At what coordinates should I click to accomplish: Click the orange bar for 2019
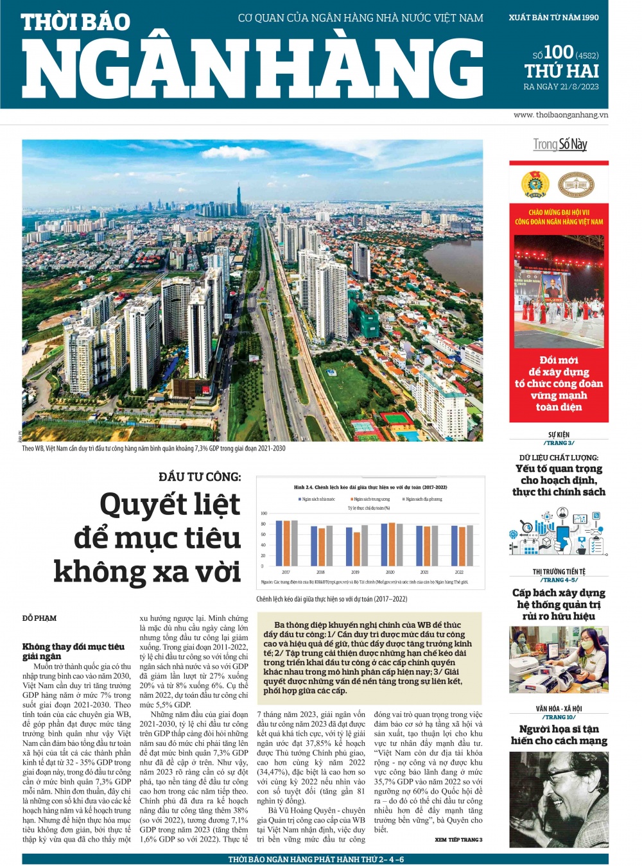click(356, 548)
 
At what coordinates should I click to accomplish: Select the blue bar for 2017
click(279, 543)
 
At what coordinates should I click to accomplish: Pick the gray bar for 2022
click(469, 545)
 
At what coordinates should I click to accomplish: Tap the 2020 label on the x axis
click(390, 572)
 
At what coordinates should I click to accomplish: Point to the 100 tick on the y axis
click(263, 514)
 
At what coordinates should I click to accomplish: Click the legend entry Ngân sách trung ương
click(370, 499)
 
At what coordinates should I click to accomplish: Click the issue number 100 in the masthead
click(558, 52)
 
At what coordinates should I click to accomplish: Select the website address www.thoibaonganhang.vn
click(560, 115)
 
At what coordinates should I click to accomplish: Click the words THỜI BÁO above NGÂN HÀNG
click(76, 22)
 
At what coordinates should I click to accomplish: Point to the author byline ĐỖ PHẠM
click(39, 618)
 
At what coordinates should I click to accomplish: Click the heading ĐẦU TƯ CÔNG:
click(200, 477)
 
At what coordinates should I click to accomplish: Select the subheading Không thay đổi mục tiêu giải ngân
click(73, 651)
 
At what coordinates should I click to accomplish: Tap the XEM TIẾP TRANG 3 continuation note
click(458, 840)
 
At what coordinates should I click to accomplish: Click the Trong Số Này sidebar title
click(560, 144)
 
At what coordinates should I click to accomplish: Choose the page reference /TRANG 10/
click(559, 717)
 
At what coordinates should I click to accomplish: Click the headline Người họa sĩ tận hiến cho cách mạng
click(559, 734)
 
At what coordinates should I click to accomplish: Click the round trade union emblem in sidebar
click(535, 185)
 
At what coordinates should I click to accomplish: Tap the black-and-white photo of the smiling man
click(559, 799)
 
